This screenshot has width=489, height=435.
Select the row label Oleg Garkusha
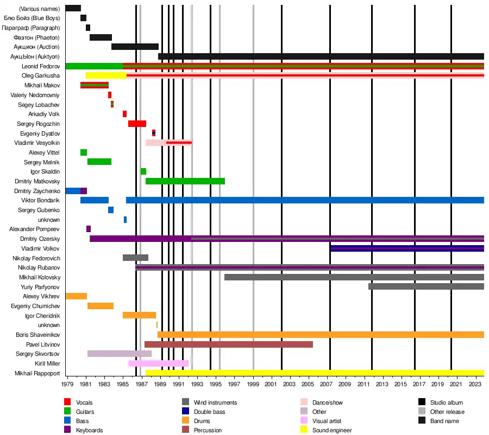(x=41, y=76)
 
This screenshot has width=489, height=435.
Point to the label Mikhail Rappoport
(x=37, y=373)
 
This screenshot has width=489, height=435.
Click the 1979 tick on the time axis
(x=67, y=385)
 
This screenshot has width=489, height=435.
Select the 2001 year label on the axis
(x=272, y=385)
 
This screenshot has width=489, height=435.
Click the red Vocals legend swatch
(x=67, y=402)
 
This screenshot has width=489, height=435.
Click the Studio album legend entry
(x=447, y=402)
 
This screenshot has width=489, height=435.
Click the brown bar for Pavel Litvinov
(x=228, y=344)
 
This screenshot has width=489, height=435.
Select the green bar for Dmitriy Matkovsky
(x=185, y=181)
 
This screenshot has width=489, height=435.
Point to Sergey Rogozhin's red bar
(x=137, y=124)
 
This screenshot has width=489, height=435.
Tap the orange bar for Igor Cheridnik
(x=139, y=315)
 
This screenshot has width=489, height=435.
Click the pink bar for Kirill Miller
(x=158, y=363)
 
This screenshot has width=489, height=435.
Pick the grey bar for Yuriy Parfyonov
(x=426, y=286)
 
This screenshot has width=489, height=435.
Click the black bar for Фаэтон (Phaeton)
(x=101, y=37)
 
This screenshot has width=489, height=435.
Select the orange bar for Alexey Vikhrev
(x=76, y=296)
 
